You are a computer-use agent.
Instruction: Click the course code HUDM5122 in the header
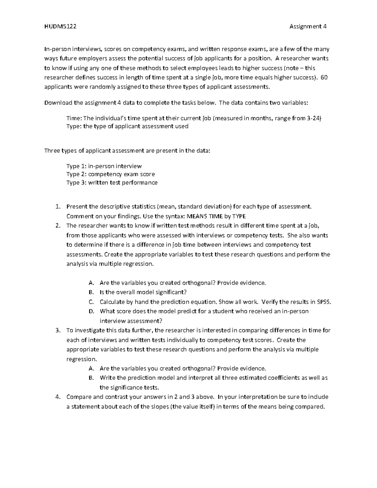[60, 26]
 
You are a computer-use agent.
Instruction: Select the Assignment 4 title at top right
[308, 26]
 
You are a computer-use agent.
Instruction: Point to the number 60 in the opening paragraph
[324, 78]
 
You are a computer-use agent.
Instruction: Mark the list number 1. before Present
[57, 206]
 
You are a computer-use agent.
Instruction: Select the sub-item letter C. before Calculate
[91, 302]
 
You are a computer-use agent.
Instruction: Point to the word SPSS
[324, 302]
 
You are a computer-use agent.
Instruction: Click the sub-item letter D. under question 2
[91, 311]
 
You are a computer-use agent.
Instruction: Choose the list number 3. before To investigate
[57, 330]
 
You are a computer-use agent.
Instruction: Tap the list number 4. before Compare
[57, 397]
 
